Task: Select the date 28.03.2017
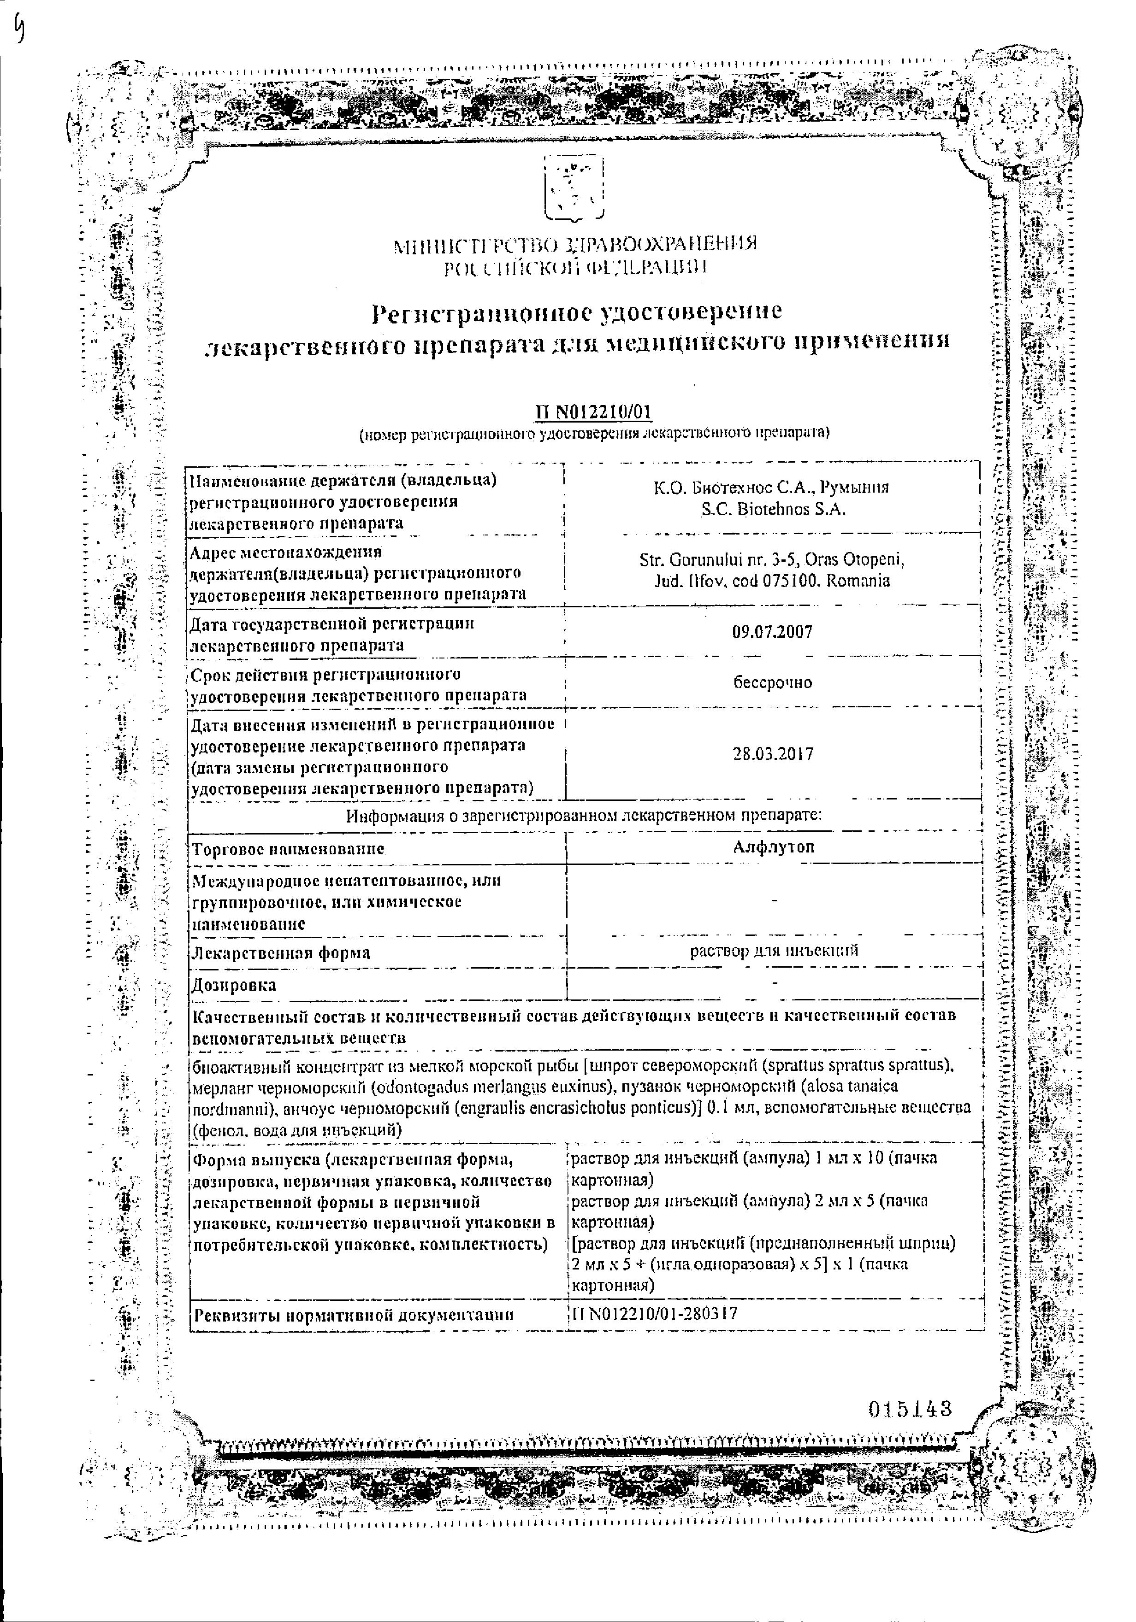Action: click(773, 754)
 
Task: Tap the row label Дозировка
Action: click(234, 985)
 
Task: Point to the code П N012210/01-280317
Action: click(654, 1314)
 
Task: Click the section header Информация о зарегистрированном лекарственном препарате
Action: click(583, 816)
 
